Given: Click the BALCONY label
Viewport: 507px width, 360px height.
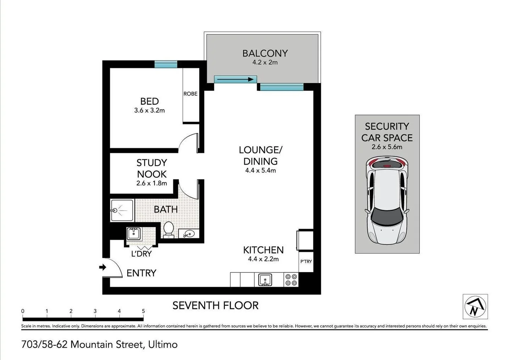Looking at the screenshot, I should pyautogui.click(x=265, y=53).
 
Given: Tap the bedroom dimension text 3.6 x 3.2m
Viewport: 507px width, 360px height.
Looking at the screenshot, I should pyautogui.click(x=149, y=110).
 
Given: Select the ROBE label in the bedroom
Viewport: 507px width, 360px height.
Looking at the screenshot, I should pyautogui.click(x=190, y=94).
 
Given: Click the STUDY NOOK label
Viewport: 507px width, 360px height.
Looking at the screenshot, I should pyautogui.click(x=152, y=168).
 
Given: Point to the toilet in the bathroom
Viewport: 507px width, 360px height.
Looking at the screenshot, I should pyautogui.click(x=168, y=229).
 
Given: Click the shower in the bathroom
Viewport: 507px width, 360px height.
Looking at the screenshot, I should pyautogui.click(x=122, y=210).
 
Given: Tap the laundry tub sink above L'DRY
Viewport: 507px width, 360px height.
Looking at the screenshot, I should pyautogui.click(x=134, y=234).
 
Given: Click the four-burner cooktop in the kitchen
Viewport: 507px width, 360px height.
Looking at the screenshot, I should pyautogui.click(x=291, y=279).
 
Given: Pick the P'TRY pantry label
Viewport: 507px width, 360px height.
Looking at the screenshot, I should pyautogui.click(x=306, y=261).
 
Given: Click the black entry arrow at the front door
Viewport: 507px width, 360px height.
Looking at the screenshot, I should pyautogui.click(x=103, y=267).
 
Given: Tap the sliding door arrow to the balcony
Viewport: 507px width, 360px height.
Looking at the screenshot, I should pyautogui.click(x=235, y=79).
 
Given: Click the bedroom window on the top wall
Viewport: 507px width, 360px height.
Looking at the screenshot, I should pyautogui.click(x=166, y=64).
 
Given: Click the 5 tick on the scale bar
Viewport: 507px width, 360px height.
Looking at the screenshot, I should pyautogui.click(x=143, y=311).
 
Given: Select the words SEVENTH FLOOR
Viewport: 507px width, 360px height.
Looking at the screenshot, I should pyautogui.click(x=216, y=305).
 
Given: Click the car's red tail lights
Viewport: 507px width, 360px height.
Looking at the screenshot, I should pyautogui.click(x=387, y=163).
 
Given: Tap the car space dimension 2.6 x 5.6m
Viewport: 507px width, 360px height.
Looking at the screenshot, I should pyautogui.click(x=387, y=147).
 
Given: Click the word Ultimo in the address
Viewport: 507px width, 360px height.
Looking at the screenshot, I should pyautogui.click(x=163, y=344).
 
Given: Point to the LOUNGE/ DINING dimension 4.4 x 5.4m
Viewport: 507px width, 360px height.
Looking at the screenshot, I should pyautogui.click(x=260, y=170).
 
